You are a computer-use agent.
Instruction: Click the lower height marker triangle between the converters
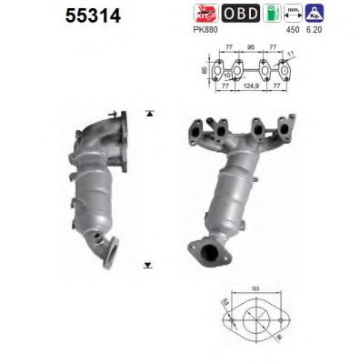[x=148, y=266]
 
